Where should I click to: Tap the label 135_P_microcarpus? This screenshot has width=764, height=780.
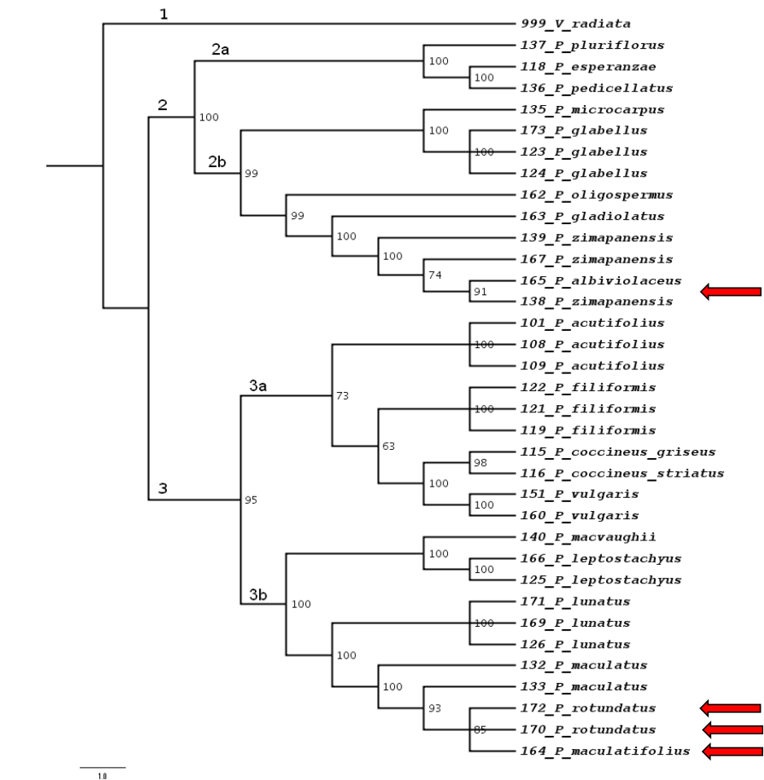pos(581,109)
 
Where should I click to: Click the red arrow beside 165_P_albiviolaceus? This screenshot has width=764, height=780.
pos(731,291)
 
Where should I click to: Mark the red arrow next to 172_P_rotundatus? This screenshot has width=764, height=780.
pos(731,707)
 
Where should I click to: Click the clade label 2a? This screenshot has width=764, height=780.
pos(221,50)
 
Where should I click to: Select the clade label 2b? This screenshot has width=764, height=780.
pos(216,161)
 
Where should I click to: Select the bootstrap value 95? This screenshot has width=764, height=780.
pos(252,500)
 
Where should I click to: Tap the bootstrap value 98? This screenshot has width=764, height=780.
pos(481,463)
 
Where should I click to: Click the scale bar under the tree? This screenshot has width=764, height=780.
pos(103,767)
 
